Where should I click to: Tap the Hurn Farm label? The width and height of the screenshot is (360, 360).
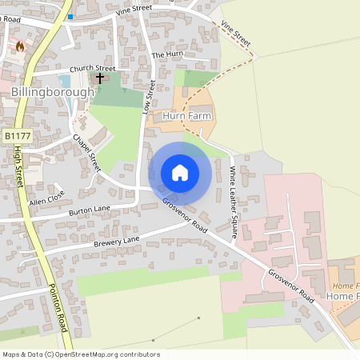(x=186, y=116)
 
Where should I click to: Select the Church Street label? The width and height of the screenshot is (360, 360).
(x=92, y=69)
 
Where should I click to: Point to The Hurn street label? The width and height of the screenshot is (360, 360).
(x=167, y=54)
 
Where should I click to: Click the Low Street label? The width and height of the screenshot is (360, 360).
(x=148, y=96)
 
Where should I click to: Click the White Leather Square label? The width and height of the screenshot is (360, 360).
(x=234, y=201)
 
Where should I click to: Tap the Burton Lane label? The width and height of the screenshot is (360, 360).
(x=90, y=211)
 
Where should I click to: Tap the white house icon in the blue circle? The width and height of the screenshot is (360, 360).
(x=180, y=173)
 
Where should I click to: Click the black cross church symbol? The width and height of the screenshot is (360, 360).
(x=101, y=78)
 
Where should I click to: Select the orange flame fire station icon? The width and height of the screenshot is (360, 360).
(x=20, y=46)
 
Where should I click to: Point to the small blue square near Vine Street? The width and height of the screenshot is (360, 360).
(x=70, y=16)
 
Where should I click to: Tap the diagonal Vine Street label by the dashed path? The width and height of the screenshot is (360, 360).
(x=237, y=32)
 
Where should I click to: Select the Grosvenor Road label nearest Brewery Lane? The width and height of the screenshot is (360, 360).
(x=185, y=217)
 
